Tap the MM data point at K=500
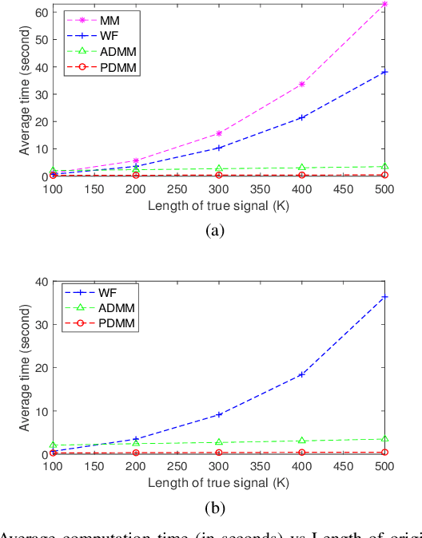pyautogui.click(x=385, y=4)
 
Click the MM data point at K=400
pyautogui.click(x=301, y=84)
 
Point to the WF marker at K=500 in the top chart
pyautogui.click(x=385, y=72)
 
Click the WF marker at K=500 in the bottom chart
pyautogui.click(x=385, y=297)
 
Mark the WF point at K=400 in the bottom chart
pyautogui.click(x=301, y=374)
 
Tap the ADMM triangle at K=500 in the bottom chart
pyautogui.click(x=385, y=439)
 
